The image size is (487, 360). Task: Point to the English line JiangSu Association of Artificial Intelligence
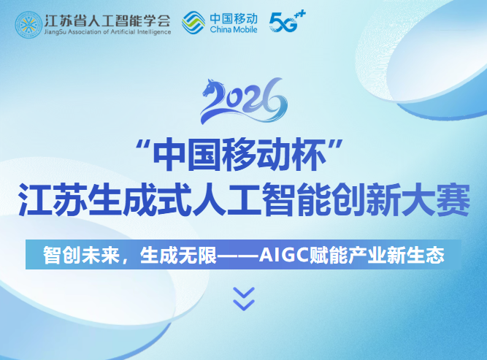point(107,32)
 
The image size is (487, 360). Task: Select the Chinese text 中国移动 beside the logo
point(234,18)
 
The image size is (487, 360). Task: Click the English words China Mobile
point(234,31)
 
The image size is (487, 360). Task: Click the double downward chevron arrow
point(243,298)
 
